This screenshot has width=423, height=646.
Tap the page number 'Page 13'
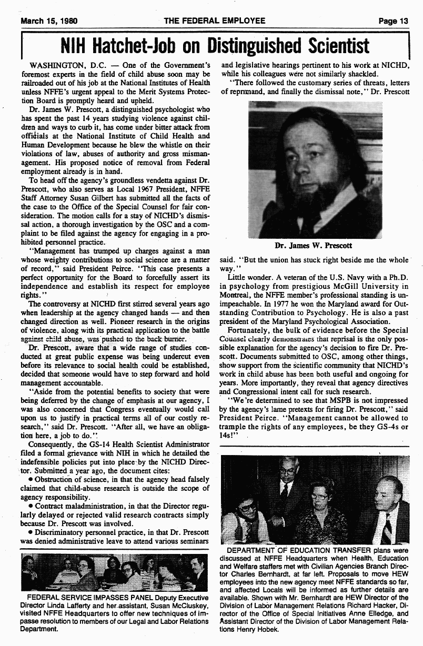(x=393, y=21)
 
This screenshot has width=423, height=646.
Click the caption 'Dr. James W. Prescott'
(x=313, y=245)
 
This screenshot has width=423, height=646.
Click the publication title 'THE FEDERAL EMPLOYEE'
(x=214, y=21)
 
